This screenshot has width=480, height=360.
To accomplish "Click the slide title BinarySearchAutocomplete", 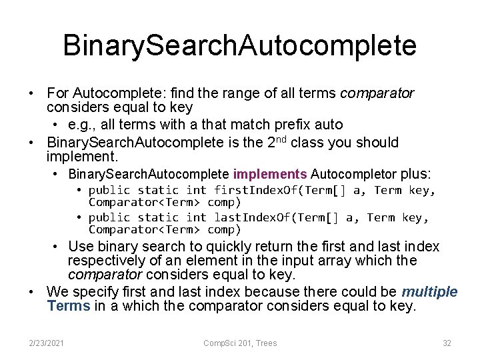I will [239, 45].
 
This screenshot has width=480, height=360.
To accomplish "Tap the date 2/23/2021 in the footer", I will [46, 343].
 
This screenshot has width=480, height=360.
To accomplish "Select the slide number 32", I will [447, 343].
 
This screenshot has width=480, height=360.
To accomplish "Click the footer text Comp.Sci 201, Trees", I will [240, 343].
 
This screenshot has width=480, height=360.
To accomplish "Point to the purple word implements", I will [270, 175].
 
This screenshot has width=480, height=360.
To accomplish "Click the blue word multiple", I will [429, 292].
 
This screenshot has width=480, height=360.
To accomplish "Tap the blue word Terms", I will [69, 306].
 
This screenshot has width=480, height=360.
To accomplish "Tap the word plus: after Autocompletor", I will [415, 175].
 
